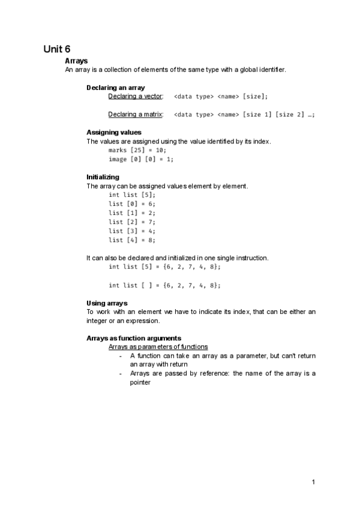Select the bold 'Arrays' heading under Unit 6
(76, 61)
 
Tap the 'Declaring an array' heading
(116, 88)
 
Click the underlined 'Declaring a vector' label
(135, 97)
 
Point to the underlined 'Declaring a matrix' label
(135, 115)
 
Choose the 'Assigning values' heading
(114, 132)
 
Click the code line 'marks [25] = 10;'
(137, 150)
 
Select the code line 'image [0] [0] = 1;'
(141, 159)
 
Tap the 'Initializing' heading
(103, 177)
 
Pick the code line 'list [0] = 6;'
(132, 204)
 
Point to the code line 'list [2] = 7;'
(132, 222)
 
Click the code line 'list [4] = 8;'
(132, 240)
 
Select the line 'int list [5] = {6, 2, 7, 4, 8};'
(164, 267)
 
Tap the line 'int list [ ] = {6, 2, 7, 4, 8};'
(164, 285)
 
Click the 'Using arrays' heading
(107, 303)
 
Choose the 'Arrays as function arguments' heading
(134, 339)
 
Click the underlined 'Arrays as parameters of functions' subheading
(158, 347)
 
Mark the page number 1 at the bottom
(314, 481)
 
